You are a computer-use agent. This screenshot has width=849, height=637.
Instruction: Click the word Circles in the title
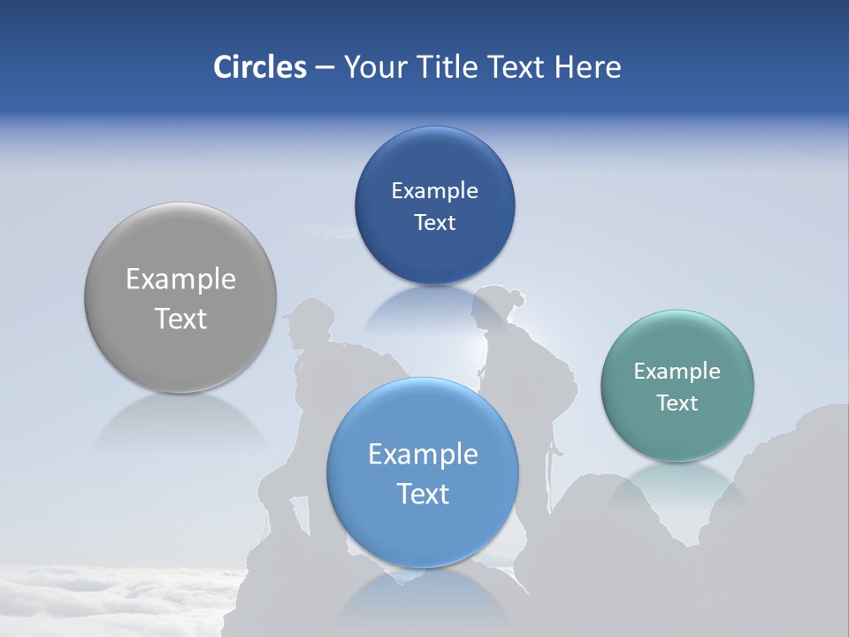pos(259,67)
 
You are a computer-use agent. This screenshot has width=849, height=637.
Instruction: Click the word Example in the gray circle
pos(180,280)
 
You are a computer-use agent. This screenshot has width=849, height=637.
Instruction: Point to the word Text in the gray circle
pos(180,318)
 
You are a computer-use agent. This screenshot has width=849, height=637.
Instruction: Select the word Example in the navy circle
pos(434,190)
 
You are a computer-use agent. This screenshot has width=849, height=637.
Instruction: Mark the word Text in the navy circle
pos(434,222)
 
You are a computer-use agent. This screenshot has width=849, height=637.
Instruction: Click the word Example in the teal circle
pos(677,371)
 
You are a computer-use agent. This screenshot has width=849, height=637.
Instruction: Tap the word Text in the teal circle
pos(677,403)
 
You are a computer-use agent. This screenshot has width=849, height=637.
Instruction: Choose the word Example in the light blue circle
pos(423,454)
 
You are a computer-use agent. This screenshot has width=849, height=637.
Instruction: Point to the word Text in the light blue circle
pos(423,494)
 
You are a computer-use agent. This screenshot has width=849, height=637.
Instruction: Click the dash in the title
pos(325,68)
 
